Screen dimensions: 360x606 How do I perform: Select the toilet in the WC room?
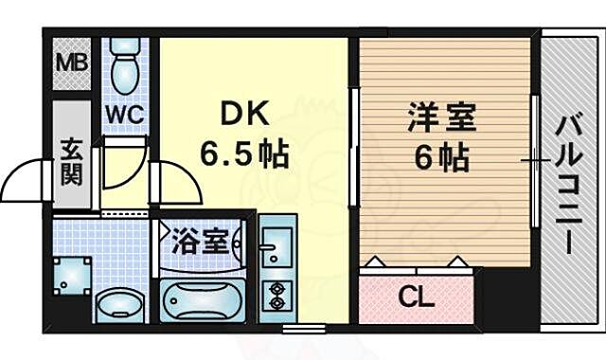pos(122,68)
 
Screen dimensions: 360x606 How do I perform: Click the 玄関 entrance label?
pos(70,161)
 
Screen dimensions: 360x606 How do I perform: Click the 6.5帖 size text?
pos(243,151)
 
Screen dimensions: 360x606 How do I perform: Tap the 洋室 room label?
pos(442,120)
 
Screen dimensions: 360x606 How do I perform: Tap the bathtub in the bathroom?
pos(204,301)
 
